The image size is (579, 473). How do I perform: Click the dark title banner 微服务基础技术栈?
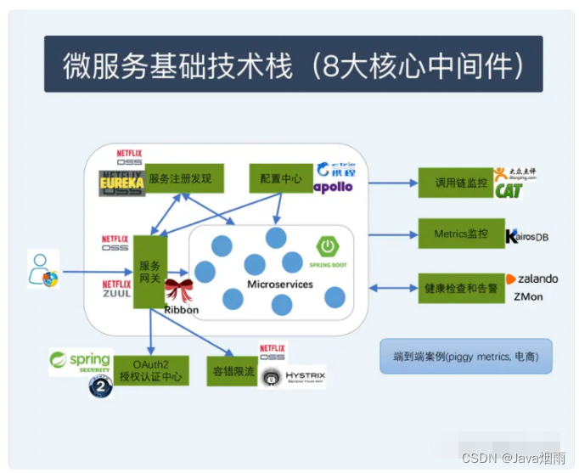(x=293, y=64)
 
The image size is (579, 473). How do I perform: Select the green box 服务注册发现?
(x=185, y=179)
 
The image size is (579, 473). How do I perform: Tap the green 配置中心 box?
(x=281, y=179)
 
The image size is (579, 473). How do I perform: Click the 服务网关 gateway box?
(x=149, y=272)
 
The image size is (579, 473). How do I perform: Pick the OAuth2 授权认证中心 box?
(x=151, y=370)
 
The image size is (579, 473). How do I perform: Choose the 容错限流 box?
(x=232, y=371)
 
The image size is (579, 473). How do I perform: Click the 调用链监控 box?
(x=455, y=182)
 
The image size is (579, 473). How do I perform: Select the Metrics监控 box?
(x=455, y=234)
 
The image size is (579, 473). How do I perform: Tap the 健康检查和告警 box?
(x=455, y=288)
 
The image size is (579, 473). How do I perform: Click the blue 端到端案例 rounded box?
(x=465, y=357)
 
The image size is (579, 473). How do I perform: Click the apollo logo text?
(x=333, y=187)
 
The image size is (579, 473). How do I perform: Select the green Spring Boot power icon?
(x=327, y=247)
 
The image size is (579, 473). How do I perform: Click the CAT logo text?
(x=509, y=191)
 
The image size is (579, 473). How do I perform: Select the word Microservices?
(x=279, y=284)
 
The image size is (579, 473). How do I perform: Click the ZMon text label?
(x=528, y=296)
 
